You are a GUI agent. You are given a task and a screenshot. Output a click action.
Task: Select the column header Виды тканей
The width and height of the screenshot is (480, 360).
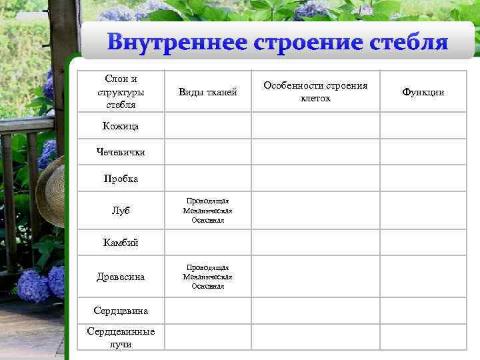[207, 92]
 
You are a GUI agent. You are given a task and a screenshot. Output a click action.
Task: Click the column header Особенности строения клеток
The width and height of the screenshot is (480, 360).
[315, 92]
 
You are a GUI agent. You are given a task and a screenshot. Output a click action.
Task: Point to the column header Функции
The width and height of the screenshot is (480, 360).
[423, 92]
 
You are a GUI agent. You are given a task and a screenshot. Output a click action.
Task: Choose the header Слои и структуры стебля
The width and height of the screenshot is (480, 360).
[121, 92]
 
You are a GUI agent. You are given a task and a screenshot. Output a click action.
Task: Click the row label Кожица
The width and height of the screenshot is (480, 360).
[121, 125]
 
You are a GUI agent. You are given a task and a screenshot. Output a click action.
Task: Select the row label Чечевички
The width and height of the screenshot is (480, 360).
[121, 152]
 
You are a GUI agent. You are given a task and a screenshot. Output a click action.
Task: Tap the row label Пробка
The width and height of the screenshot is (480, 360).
[121, 179]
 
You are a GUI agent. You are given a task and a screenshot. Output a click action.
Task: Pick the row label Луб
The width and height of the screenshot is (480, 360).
[121, 211]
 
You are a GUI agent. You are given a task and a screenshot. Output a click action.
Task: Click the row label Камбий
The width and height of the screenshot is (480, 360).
[121, 243]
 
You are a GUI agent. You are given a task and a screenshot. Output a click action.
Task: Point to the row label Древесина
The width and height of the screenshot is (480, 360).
[121, 276]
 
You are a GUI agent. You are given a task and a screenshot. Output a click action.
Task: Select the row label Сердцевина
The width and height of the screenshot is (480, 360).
[121, 311]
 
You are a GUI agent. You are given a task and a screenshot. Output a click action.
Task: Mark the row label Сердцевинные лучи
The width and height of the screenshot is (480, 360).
[121, 337]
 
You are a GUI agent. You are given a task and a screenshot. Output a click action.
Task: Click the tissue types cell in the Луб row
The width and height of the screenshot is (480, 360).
[207, 211]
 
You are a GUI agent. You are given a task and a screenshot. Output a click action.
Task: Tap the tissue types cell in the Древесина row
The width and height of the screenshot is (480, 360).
[207, 276]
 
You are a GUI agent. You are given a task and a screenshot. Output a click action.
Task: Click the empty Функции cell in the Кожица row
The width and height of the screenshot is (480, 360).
[423, 125]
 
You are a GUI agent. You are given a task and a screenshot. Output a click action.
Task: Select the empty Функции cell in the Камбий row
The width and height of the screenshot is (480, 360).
[423, 243]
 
